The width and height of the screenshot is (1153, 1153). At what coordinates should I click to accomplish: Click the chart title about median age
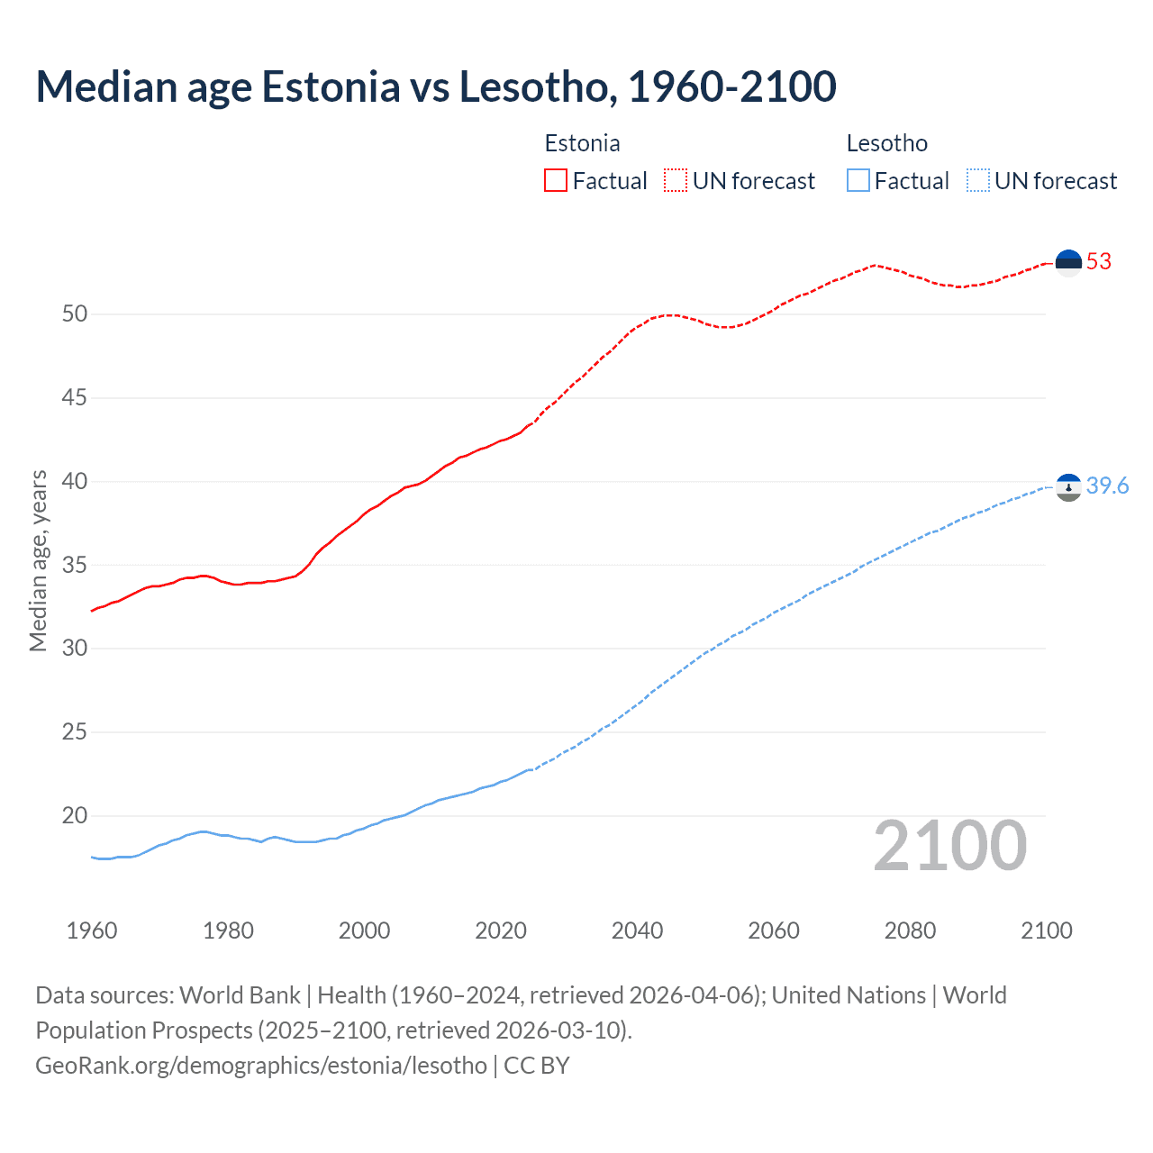click(x=436, y=86)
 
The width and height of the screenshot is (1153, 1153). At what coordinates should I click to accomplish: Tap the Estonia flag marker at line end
click(x=1068, y=262)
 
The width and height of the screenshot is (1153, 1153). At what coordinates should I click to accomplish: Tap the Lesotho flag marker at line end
click(x=1068, y=487)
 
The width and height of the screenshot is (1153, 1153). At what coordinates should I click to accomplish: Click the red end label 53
click(x=1099, y=262)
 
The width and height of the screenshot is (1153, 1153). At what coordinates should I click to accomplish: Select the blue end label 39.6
click(x=1107, y=486)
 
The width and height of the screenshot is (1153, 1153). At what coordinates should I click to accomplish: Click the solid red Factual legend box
click(x=556, y=180)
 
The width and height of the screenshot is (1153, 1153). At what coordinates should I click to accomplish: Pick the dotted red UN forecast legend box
click(x=676, y=180)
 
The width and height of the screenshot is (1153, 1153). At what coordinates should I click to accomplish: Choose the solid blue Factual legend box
click(x=858, y=180)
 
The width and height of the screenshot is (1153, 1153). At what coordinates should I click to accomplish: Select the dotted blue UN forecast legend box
click(x=977, y=180)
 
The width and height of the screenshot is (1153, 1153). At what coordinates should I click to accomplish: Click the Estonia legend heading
click(x=582, y=143)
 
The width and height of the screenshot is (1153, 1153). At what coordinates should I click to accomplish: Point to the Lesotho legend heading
click(x=886, y=143)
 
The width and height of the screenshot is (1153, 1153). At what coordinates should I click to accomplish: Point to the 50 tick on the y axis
click(x=75, y=314)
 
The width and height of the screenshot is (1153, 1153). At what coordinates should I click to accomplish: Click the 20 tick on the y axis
click(x=75, y=816)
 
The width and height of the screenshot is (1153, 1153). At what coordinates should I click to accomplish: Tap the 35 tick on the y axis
click(x=75, y=566)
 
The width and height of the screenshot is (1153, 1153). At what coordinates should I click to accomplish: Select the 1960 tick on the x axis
click(x=92, y=931)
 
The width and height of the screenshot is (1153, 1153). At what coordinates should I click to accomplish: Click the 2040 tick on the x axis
click(x=637, y=931)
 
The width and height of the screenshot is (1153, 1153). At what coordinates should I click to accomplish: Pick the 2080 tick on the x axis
click(x=910, y=931)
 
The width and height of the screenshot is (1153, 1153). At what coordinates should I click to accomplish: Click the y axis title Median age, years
click(x=38, y=560)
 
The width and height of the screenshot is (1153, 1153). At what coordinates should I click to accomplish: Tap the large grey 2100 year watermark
click(x=949, y=846)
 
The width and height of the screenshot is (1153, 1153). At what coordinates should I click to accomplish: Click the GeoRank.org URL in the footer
click(x=261, y=1066)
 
